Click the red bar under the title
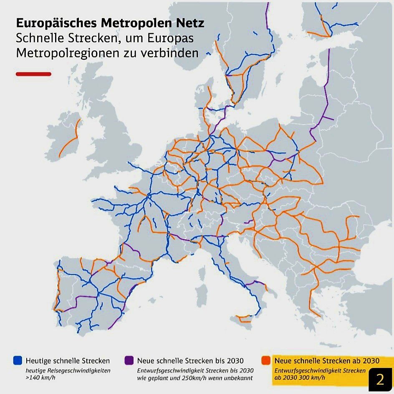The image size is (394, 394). pyautogui.click(x=33, y=74)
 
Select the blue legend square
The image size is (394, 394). pyautogui.click(x=18, y=360)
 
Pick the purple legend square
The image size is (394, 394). pyautogui.click(x=129, y=360)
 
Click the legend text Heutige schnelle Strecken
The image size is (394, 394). pyautogui.click(x=68, y=361)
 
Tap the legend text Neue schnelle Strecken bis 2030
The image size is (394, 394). pyautogui.click(x=190, y=361)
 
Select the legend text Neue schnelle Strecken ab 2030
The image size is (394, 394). pyautogui.click(x=327, y=361)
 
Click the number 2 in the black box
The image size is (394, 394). pyautogui.click(x=380, y=379)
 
